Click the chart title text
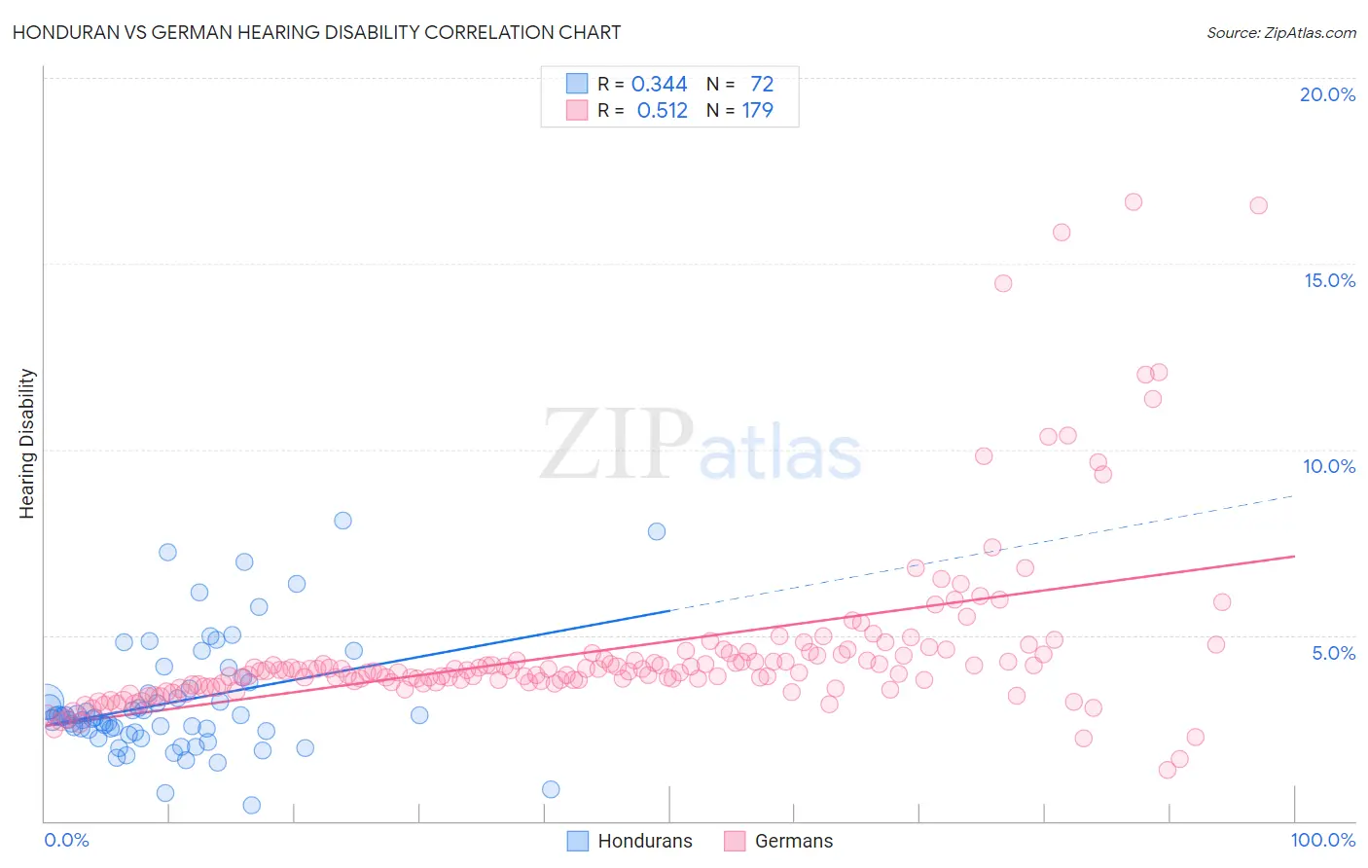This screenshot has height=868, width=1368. click(x=316, y=32)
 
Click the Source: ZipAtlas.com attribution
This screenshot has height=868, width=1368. click(x=1280, y=32)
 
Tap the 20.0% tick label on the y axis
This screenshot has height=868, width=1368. click(x=1327, y=94)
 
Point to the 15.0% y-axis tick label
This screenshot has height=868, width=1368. click(x=1329, y=280)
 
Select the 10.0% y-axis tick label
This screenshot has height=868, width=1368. click(x=1329, y=466)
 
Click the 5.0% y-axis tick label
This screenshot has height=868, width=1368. click(x=1333, y=653)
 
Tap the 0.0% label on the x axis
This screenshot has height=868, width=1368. click(x=66, y=840)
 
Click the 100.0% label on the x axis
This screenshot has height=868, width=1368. click(x=1322, y=840)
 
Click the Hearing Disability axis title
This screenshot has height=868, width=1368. click(x=26, y=443)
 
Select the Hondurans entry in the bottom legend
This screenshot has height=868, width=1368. click(x=644, y=841)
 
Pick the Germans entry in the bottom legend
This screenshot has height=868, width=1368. click(x=793, y=841)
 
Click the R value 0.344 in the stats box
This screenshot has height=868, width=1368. click(x=659, y=85)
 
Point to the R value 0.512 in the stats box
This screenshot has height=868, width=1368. click(x=662, y=111)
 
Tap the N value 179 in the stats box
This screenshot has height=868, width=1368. click(x=757, y=111)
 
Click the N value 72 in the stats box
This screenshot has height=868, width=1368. click(x=762, y=85)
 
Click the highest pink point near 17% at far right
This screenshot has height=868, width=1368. click(x=1134, y=202)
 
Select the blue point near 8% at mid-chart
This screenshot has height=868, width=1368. click(x=657, y=531)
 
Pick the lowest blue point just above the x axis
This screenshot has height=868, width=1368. click(x=251, y=805)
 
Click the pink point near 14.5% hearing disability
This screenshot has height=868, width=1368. click(x=1003, y=283)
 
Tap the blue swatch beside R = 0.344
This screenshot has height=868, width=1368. click(x=577, y=84)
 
